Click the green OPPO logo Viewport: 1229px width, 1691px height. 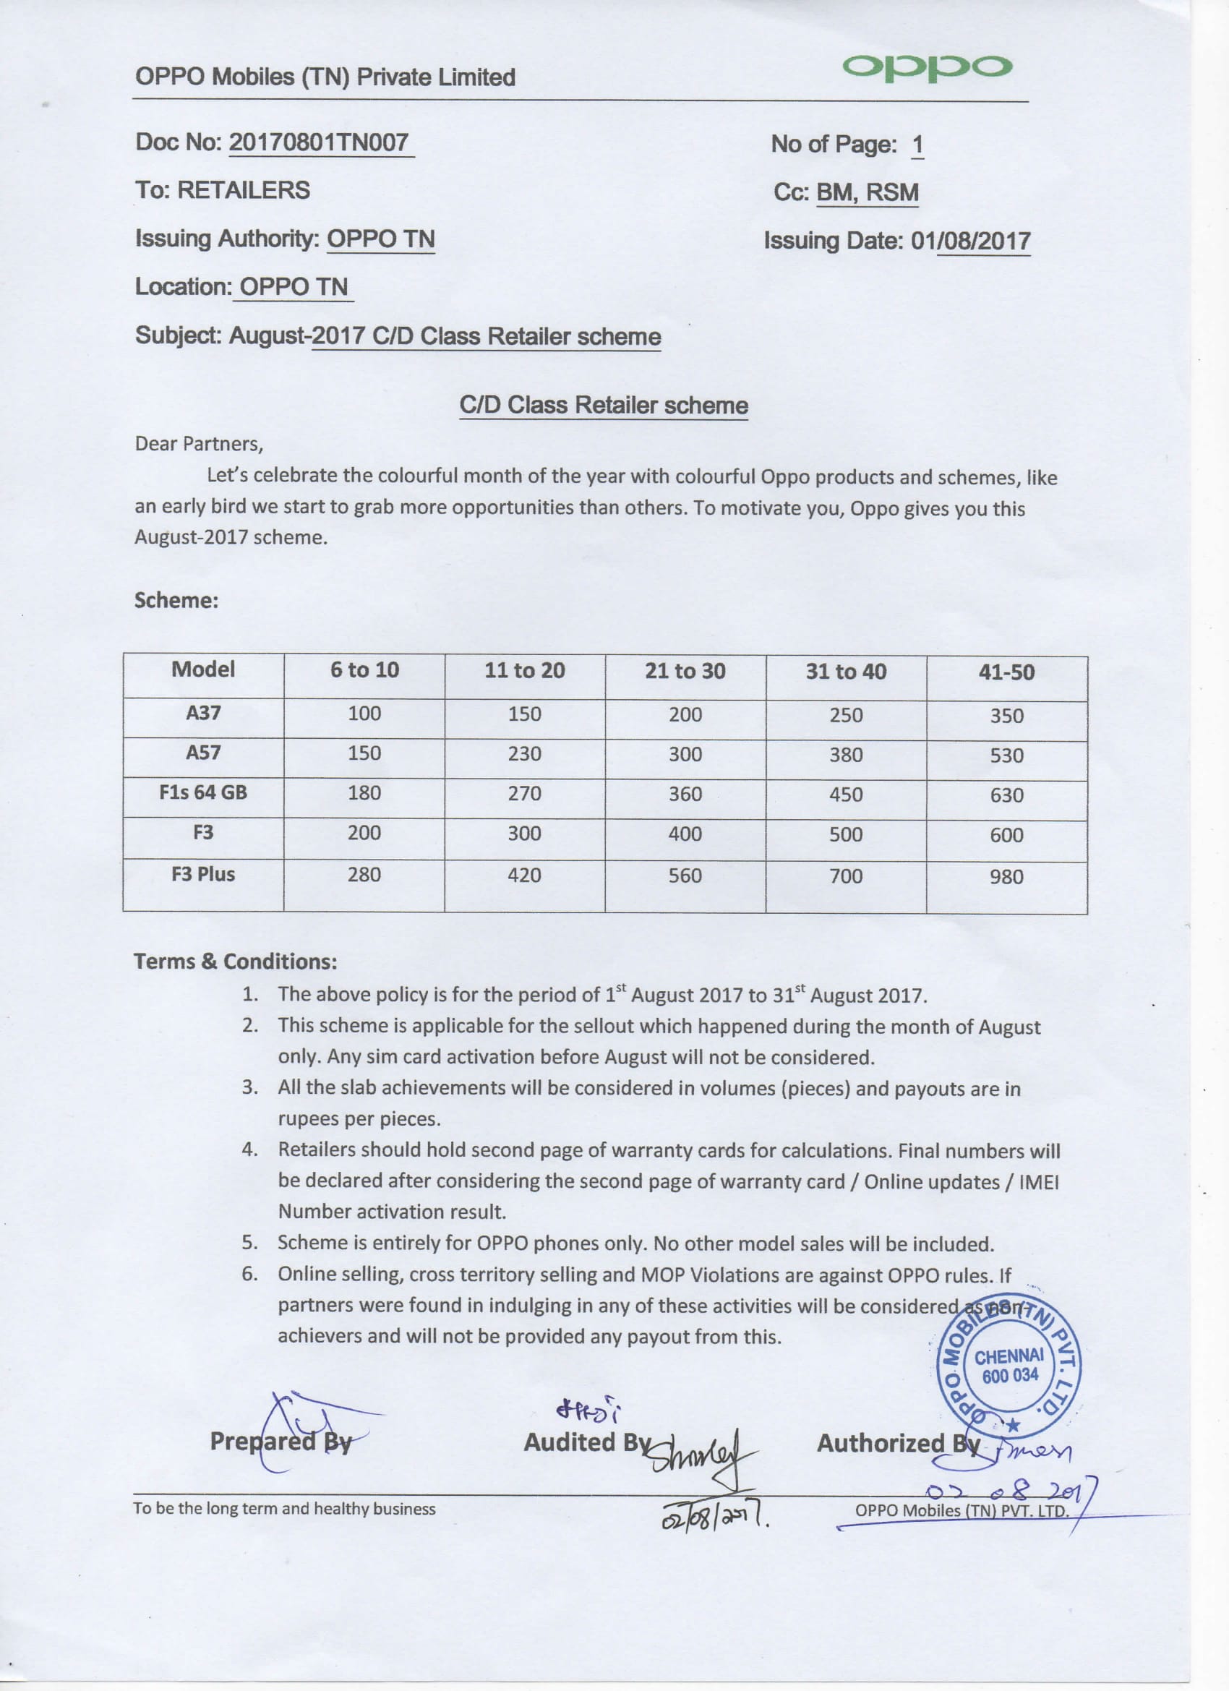[x=926, y=67]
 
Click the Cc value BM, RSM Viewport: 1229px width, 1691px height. [x=868, y=192]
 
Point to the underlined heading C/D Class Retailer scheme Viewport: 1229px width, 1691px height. [x=604, y=406]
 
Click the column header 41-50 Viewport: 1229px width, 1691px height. [x=1006, y=672]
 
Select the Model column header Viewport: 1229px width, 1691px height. [x=203, y=669]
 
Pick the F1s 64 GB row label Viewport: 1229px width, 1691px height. [x=203, y=792]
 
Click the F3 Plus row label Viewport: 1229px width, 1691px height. [x=203, y=875]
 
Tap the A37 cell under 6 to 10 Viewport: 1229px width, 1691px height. [x=364, y=714]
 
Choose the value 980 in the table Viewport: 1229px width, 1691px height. [x=1006, y=877]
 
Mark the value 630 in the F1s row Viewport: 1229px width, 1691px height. [x=1006, y=795]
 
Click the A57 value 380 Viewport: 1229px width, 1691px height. [x=846, y=755]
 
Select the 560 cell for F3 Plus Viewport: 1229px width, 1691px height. [x=685, y=876]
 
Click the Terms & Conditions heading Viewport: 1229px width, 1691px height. [x=235, y=962]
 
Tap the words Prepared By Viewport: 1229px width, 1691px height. [x=281, y=1442]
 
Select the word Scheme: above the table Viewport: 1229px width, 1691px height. [x=176, y=601]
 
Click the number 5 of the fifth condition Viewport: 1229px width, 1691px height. [x=249, y=1243]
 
